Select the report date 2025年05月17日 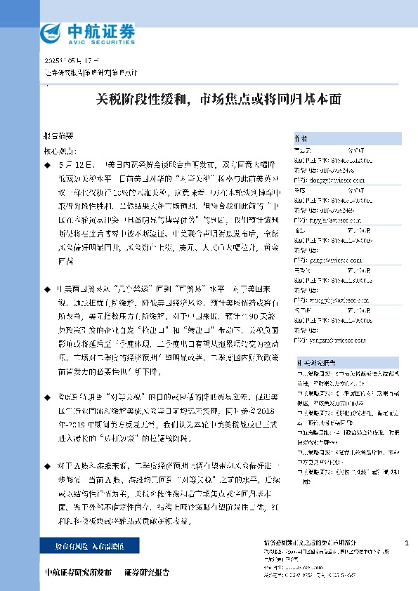tap(72, 60)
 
